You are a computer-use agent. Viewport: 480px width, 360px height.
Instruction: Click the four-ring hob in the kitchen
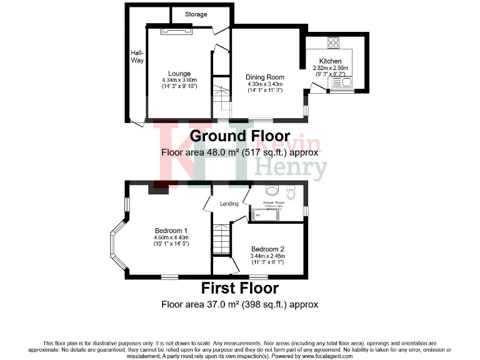333,43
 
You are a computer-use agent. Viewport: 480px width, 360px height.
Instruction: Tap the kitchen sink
345,81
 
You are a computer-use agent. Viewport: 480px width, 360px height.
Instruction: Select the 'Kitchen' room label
330,61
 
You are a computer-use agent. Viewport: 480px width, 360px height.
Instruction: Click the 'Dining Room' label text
265,77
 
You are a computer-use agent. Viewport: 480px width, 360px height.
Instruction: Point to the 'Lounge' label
179,74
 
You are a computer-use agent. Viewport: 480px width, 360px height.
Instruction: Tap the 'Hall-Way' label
137,56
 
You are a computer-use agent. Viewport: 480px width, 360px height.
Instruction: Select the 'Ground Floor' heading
240,136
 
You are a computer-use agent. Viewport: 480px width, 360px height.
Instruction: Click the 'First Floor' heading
239,288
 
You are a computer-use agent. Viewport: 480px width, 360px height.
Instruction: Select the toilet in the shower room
271,190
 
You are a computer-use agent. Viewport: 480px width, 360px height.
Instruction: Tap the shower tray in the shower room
275,214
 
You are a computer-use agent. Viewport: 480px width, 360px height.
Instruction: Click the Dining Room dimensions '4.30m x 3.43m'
265,84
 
